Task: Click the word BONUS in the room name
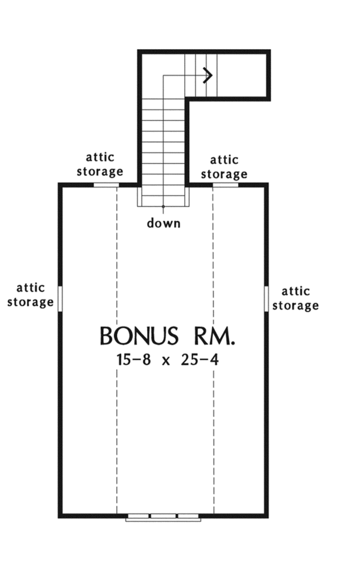click(139, 336)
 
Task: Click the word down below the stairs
click(164, 224)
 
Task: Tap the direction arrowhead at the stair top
click(209, 75)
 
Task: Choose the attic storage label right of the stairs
click(224, 167)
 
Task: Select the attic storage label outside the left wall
click(30, 295)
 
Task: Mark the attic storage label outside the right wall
click(295, 298)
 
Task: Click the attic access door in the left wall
click(60, 298)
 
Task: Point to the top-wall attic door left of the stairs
click(106, 184)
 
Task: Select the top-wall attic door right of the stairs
click(226, 184)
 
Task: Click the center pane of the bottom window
click(163, 516)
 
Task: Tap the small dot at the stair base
click(163, 206)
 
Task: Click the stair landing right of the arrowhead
click(240, 75)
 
